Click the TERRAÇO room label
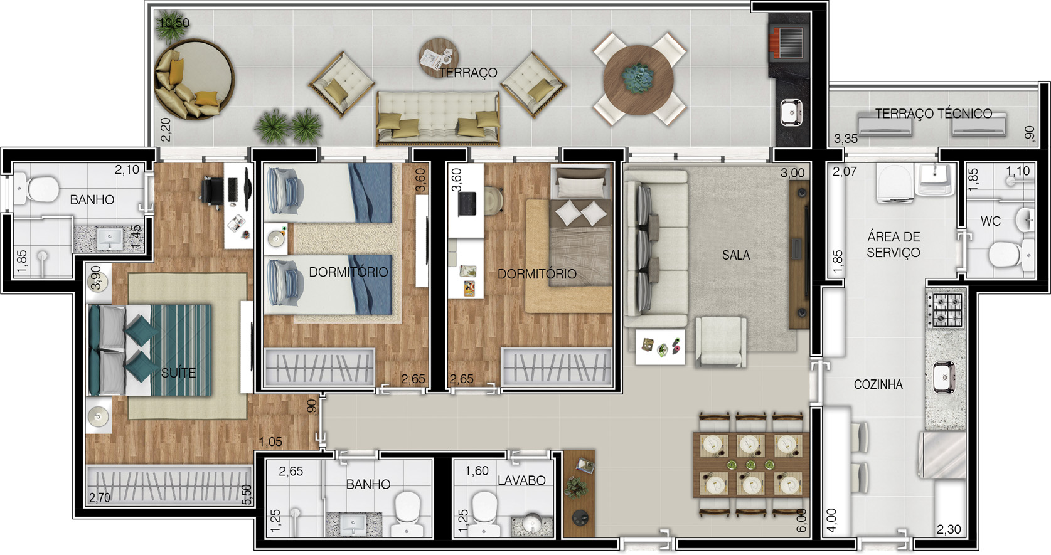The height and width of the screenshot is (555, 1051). point(468,73)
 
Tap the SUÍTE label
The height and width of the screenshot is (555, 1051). point(178,373)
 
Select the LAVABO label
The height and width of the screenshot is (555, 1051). point(521,480)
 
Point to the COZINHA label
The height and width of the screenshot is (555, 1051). point(878,384)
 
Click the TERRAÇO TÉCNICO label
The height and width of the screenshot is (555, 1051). point(934,114)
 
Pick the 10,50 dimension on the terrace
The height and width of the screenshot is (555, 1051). point(174,23)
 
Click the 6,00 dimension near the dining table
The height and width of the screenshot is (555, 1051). point(801,521)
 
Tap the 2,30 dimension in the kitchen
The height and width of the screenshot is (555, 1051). point(949,529)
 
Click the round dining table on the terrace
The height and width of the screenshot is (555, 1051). point(639,79)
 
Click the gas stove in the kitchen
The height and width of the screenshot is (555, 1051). point(947,310)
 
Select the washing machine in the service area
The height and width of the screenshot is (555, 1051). point(894,183)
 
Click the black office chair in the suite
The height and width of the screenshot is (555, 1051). point(212,191)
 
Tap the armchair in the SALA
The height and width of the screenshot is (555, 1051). point(720,341)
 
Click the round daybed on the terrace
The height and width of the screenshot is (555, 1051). point(194,80)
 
